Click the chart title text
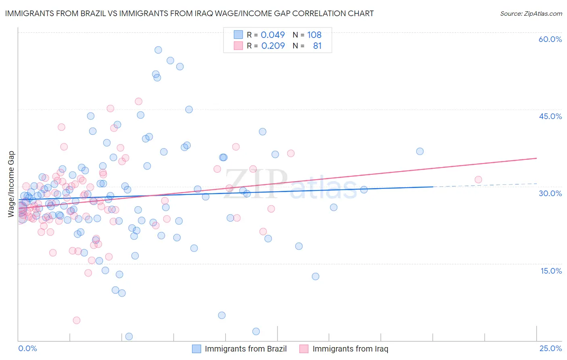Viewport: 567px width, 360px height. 189,13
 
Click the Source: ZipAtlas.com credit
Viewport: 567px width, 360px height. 531,13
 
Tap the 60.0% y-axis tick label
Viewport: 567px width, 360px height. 550,39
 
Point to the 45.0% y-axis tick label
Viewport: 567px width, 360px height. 550,116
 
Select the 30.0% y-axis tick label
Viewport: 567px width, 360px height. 550,193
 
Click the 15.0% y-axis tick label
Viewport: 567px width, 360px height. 551,270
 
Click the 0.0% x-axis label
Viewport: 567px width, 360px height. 27,348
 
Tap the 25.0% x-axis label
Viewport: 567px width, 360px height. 550,348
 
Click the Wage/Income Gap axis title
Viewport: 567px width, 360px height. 11,184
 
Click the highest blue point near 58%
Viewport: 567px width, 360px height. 158,50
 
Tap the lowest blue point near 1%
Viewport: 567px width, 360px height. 129,336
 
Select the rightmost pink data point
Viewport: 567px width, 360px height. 478,180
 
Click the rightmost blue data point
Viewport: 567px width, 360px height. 420,151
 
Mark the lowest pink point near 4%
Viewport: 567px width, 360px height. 76,320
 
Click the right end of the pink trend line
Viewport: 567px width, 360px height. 536,158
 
